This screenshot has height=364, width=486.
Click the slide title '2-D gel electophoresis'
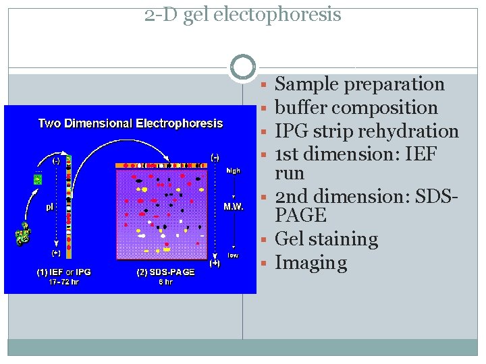(x=243, y=14)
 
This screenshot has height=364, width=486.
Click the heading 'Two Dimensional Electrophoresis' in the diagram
(x=130, y=123)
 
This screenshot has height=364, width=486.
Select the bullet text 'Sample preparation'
(x=360, y=84)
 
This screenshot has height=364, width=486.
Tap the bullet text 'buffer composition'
(x=356, y=108)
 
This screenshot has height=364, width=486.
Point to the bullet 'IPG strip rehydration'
(x=367, y=131)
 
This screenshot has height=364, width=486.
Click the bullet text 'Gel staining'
(x=327, y=239)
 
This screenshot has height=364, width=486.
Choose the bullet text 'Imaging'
(x=311, y=263)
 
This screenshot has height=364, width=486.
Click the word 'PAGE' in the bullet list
(x=301, y=216)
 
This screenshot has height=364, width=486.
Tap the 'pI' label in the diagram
(x=50, y=207)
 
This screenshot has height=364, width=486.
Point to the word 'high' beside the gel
(x=233, y=170)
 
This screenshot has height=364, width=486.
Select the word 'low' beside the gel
(x=232, y=255)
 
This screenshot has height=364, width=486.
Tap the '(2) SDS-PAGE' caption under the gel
(x=165, y=272)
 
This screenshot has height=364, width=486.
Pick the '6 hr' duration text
(x=165, y=282)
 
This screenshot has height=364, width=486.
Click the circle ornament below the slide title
(x=243, y=67)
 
